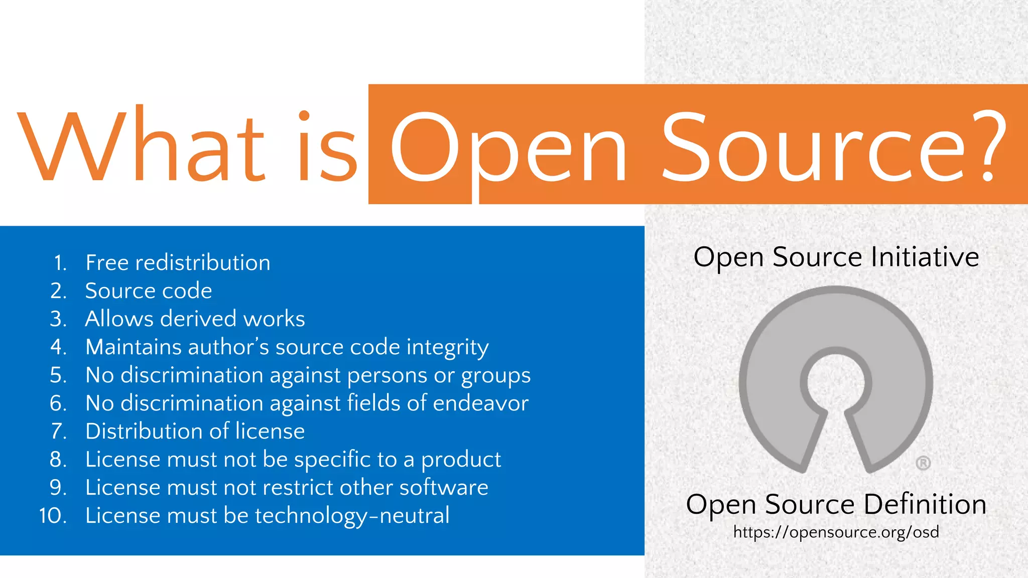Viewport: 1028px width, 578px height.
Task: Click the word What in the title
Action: coord(141,146)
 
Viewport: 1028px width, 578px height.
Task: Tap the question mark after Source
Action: coord(988,146)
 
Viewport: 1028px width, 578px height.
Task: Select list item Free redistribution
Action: coord(178,263)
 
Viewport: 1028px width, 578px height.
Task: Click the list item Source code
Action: coord(149,291)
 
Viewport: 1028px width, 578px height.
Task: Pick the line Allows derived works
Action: coord(195,319)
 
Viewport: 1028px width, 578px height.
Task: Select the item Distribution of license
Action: coord(195,431)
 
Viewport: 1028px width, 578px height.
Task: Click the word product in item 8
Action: coord(461,460)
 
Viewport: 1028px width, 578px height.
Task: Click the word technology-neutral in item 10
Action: coord(352,516)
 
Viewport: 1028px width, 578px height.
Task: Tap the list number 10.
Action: coord(53,516)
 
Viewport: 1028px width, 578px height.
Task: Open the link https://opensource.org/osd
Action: coord(836,532)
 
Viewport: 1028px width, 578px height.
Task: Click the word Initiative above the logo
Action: coord(925,257)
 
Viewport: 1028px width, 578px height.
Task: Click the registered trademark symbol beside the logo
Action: coord(923,463)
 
